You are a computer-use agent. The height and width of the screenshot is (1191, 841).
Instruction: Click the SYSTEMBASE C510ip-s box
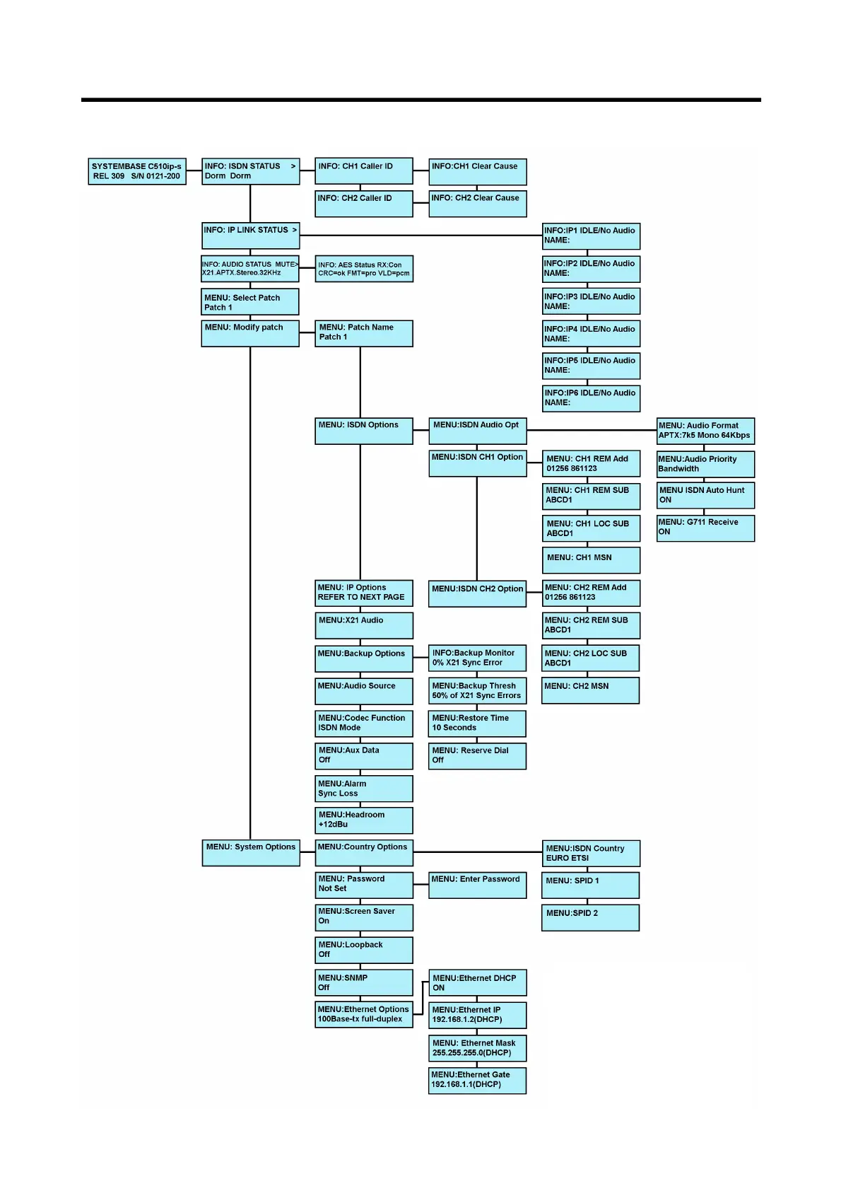tap(136, 171)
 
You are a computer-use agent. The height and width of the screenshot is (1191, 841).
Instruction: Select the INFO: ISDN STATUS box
tap(250, 171)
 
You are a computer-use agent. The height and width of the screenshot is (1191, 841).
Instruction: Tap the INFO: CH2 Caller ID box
tap(363, 204)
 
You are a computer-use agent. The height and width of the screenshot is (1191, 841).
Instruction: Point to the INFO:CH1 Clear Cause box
tap(477, 171)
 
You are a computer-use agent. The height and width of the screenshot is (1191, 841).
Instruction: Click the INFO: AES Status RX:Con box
tap(363, 269)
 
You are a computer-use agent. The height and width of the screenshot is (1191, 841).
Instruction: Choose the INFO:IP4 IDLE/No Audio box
tap(590, 334)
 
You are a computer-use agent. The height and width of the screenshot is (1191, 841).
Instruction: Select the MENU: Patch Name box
tap(363, 333)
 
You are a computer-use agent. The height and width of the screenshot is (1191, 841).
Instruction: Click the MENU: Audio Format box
tap(705, 431)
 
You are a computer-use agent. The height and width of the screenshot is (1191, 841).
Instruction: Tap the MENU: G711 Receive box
tap(705, 528)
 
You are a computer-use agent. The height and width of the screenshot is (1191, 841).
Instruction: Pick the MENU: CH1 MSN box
tap(590, 559)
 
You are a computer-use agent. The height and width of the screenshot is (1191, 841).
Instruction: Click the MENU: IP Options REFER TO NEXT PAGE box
tap(363, 593)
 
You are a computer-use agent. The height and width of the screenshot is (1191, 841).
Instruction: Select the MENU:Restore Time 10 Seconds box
tap(477, 724)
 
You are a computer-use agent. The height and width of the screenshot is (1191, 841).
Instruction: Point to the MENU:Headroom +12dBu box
tap(363, 820)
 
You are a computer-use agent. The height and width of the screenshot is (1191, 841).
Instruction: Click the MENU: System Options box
tap(250, 853)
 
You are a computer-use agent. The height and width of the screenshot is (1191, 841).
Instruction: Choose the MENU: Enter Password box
tap(477, 885)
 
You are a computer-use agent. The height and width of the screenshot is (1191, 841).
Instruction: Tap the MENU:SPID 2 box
tap(590, 917)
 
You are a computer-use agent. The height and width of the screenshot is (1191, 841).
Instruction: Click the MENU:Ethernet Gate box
tap(477, 1080)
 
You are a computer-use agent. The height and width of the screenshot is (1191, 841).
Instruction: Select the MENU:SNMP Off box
tap(363, 982)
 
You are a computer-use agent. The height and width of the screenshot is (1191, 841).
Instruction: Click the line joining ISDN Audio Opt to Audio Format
tap(592, 430)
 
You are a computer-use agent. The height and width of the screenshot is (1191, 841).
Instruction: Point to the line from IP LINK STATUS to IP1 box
tap(420, 236)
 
